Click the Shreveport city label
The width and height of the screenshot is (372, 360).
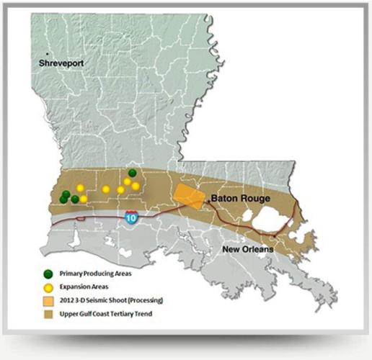(x=63, y=63)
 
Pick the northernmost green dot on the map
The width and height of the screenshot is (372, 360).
(x=132, y=173)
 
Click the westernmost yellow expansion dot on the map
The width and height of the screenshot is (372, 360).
(x=80, y=188)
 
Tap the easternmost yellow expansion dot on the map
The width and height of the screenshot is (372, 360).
(x=136, y=186)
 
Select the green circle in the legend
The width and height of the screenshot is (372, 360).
(x=48, y=273)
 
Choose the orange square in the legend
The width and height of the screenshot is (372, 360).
(x=48, y=300)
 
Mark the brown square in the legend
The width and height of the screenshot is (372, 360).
(x=48, y=313)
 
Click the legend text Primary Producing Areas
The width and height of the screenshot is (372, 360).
(x=97, y=273)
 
